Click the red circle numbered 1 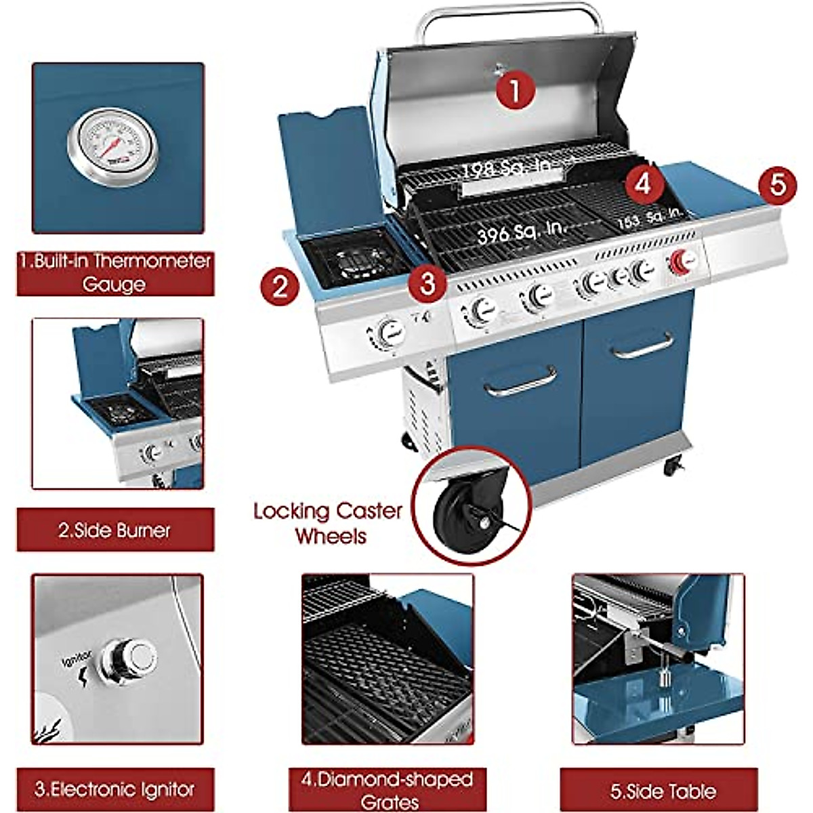click(515, 89)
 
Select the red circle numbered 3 click(428, 283)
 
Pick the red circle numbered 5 click(777, 184)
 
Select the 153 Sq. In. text click(648, 218)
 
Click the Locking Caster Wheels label click(329, 523)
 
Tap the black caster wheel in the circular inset click(453, 516)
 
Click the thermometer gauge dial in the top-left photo click(112, 146)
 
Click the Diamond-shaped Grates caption click(387, 790)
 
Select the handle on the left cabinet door click(520, 381)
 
